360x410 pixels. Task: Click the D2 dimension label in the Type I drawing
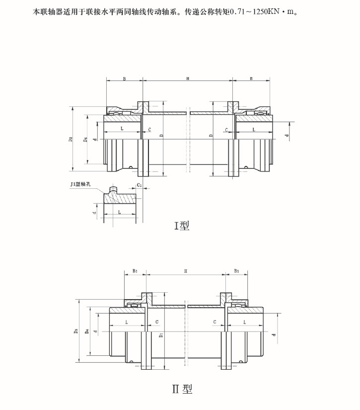(x=71, y=140)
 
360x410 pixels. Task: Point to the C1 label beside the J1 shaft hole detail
(x=140, y=185)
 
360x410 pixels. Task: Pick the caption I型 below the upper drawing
(x=181, y=226)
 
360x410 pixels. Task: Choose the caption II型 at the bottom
(x=182, y=389)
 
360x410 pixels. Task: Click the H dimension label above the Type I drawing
(x=187, y=79)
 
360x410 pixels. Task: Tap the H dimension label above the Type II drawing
(x=185, y=272)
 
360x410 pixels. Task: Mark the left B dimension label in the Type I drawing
(x=124, y=79)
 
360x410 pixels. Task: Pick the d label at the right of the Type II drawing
(x=273, y=334)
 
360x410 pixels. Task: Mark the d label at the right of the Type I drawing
(x=287, y=135)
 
